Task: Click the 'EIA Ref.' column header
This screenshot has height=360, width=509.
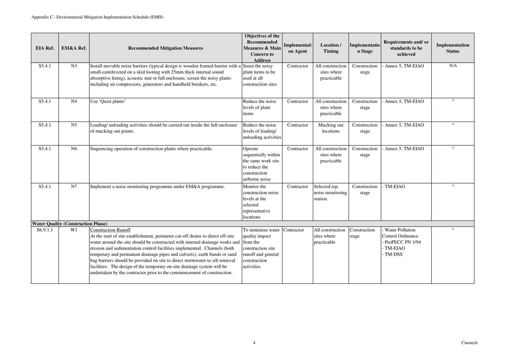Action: point(45,48)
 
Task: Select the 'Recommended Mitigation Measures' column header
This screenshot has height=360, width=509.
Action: point(165,48)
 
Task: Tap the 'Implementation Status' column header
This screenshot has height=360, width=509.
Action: point(452,48)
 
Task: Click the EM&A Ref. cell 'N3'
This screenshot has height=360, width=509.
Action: point(74,66)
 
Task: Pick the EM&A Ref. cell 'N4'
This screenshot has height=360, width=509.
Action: point(74,101)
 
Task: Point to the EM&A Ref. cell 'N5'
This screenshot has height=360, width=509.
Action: point(74,125)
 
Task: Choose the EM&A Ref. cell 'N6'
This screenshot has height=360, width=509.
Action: point(74,149)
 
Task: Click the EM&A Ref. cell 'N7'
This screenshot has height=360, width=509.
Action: point(74,186)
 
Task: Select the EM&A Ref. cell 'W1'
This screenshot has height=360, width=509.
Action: point(74,230)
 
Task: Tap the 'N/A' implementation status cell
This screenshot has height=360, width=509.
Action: point(453,66)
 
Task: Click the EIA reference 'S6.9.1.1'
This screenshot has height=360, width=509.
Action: point(45,230)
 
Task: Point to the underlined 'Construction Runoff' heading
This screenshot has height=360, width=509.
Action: point(110,230)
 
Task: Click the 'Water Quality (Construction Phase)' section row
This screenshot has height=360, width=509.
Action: point(70,224)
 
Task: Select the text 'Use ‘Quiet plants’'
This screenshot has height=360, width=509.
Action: point(108,101)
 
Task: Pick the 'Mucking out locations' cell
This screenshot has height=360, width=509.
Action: point(331,128)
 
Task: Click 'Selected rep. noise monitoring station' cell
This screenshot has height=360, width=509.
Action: point(330,193)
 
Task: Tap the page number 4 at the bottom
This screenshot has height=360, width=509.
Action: point(254,343)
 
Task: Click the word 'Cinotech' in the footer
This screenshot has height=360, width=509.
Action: point(469,343)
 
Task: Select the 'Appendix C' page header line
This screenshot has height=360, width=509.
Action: point(97,17)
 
